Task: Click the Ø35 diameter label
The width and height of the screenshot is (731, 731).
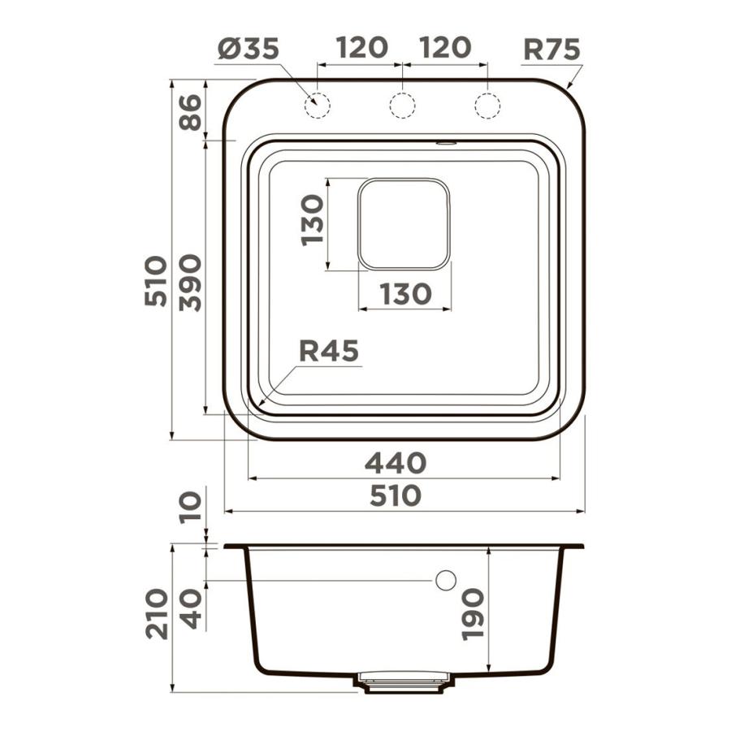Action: coord(248,49)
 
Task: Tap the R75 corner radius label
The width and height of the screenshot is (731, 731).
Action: coord(552,49)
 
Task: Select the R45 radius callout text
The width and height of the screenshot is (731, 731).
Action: coord(329,351)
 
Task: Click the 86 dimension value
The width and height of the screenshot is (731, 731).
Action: coord(190,112)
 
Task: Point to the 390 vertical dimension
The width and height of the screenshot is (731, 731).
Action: coord(190,283)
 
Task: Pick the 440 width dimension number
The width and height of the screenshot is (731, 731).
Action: coord(396,463)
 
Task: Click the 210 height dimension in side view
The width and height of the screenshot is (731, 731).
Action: coord(156,614)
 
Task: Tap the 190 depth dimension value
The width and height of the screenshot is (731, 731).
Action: coord(473,615)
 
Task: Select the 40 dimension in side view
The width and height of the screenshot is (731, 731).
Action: coord(190,609)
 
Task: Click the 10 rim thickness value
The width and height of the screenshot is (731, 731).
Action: coord(190,507)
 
